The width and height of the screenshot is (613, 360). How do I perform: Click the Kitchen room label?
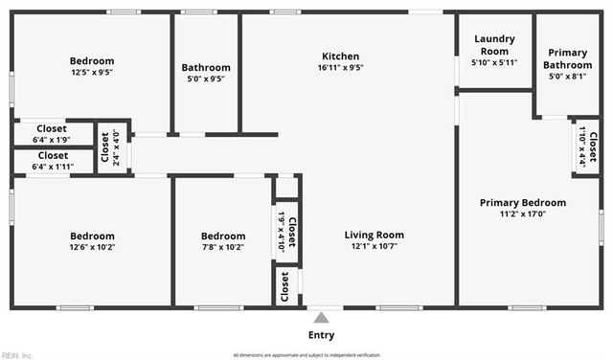point(341,56)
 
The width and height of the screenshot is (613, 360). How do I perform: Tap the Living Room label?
point(374,235)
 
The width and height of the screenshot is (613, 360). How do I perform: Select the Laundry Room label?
point(494,45)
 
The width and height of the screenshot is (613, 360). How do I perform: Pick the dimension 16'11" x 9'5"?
point(341,67)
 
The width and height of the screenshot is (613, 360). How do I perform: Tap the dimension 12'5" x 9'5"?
point(92,72)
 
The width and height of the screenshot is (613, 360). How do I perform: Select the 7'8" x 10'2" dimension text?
point(223,247)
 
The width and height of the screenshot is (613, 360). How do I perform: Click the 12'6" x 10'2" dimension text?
point(92,247)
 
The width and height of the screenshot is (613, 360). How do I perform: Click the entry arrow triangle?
point(322,317)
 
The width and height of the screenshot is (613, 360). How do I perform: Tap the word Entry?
point(322,335)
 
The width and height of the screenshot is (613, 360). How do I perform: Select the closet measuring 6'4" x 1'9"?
point(53,133)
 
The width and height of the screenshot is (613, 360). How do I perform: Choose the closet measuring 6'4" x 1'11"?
point(53,160)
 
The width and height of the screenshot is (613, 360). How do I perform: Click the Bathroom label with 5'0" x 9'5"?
point(206,73)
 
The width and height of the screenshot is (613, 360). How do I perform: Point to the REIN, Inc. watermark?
point(16,353)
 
